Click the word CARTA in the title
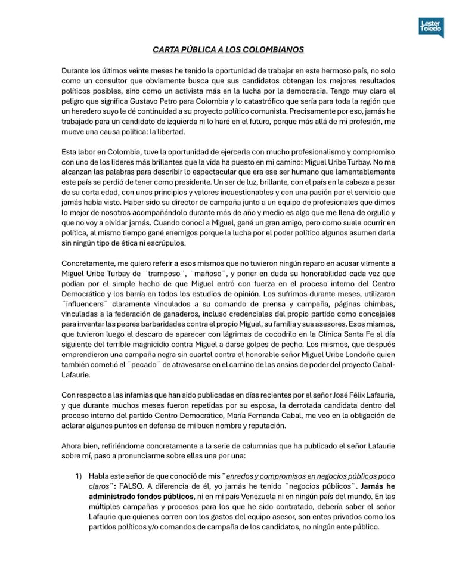pos(167,50)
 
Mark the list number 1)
pos(78,477)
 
